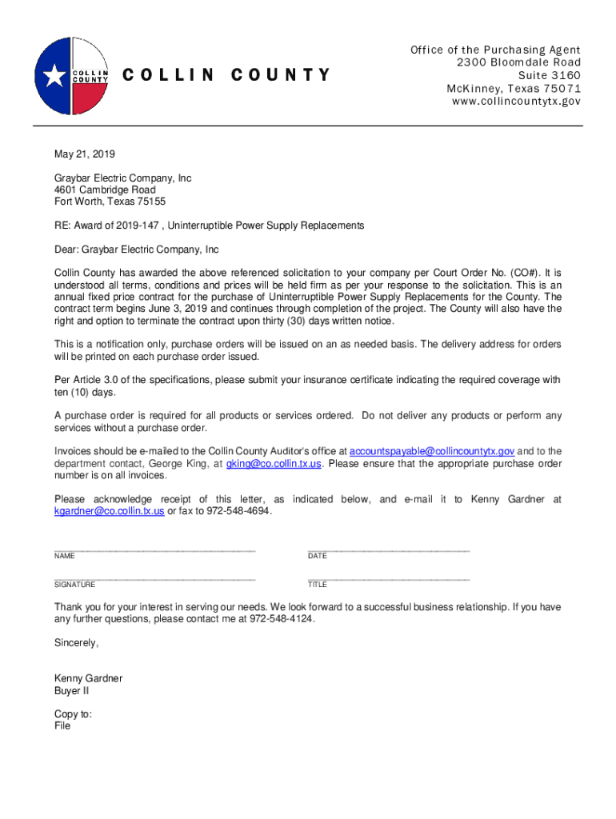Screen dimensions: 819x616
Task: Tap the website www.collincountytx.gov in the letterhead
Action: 516,102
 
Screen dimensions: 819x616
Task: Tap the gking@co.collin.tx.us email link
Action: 274,463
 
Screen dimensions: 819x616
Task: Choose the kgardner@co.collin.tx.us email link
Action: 109,510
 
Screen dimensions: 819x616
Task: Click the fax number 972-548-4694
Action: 239,510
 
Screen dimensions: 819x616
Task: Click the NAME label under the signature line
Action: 65,556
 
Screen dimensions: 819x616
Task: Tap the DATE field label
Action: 318,556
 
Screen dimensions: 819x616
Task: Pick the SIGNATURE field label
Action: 74,585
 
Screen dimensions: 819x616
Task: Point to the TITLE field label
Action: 318,585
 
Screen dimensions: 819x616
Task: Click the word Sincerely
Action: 76,643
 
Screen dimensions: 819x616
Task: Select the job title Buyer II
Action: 71,691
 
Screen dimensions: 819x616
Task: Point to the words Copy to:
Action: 73,714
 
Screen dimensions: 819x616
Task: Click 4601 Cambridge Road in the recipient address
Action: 105,190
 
